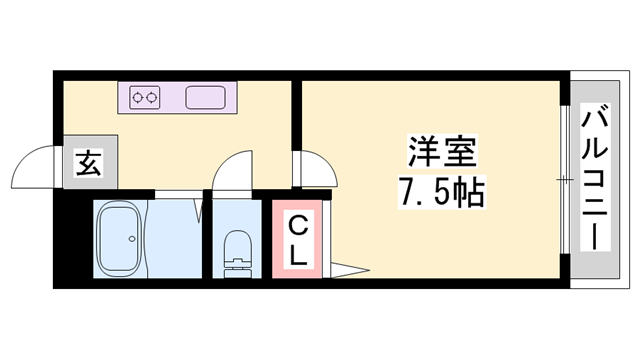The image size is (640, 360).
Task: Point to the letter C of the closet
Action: tap(297, 225)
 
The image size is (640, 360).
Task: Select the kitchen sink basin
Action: tap(206, 98)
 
